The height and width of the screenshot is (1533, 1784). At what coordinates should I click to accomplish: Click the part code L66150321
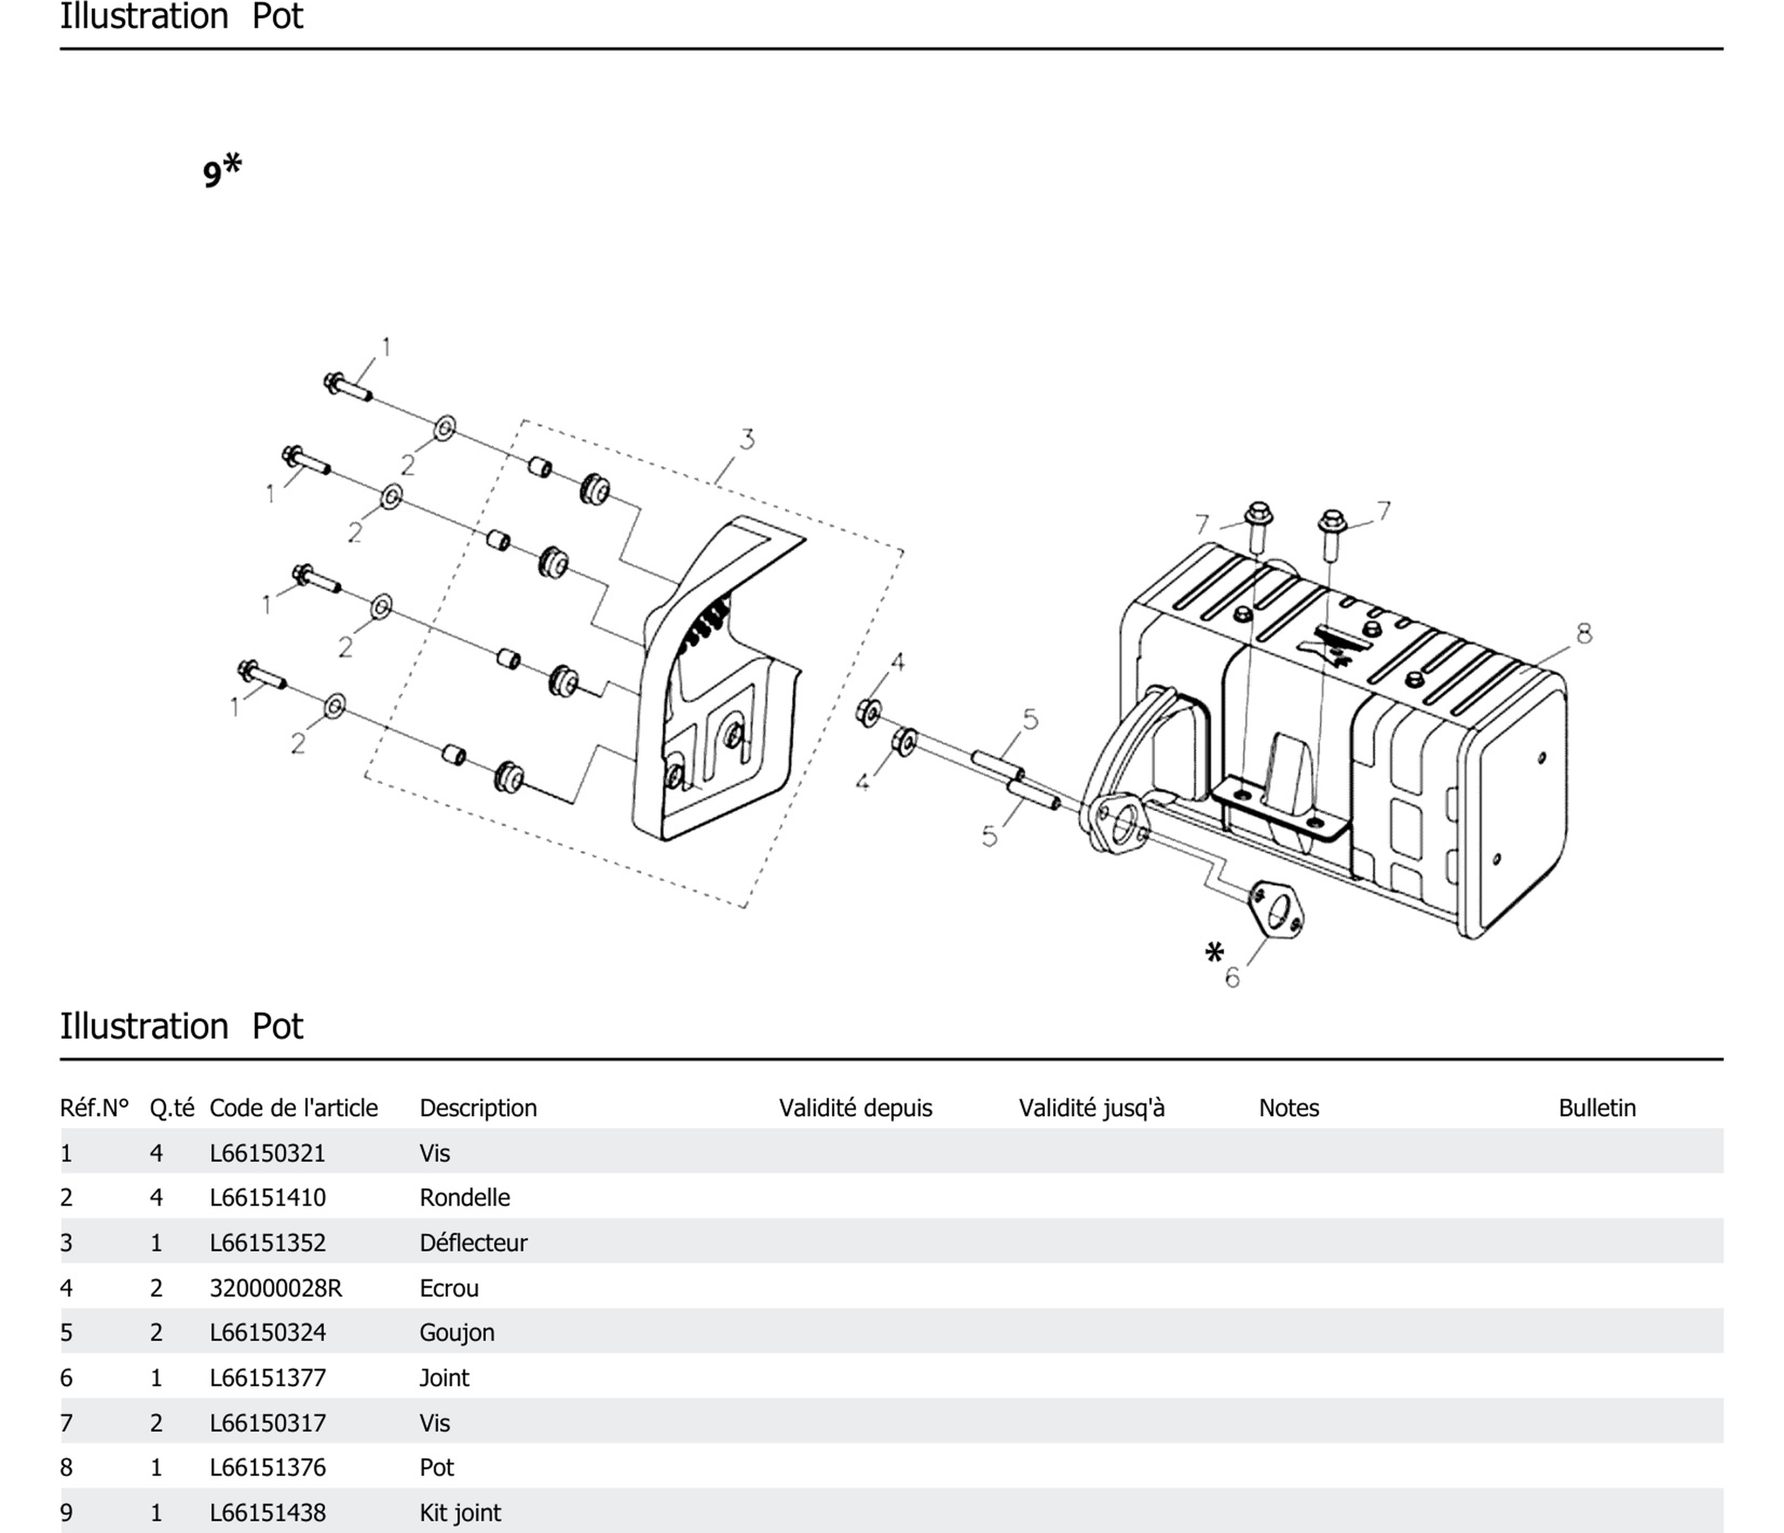[x=267, y=1152]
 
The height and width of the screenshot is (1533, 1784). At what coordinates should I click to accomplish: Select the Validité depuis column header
[x=855, y=1108]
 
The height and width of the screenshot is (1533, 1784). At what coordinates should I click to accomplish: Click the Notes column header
[x=1288, y=1108]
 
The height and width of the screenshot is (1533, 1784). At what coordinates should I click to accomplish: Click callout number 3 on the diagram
[x=746, y=439]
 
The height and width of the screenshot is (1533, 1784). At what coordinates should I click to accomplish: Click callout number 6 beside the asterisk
[x=1232, y=978]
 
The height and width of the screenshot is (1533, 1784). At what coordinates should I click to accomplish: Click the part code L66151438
[x=267, y=1512]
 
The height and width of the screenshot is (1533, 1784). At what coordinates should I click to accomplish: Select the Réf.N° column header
[x=94, y=1108]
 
